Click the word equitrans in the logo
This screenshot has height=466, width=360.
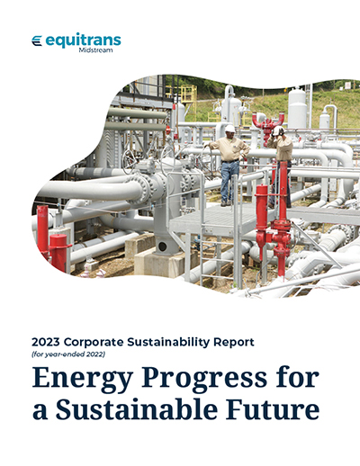pos(84,40)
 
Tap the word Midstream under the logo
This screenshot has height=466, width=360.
pos(96,50)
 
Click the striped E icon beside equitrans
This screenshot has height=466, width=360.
pos(37,40)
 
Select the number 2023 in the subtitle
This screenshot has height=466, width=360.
pos(46,342)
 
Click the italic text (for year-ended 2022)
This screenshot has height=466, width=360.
pos(68,354)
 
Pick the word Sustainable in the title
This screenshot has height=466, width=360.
pos(137,408)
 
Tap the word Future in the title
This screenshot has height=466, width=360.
pos(273,408)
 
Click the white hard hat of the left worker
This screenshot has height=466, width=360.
pos(230,129)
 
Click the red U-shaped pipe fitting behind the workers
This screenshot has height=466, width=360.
pos(268,122)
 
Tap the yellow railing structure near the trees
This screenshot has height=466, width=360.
pos(186,96)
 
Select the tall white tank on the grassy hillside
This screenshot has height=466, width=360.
pos(297,108)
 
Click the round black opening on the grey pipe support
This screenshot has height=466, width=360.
pos(162,246)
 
